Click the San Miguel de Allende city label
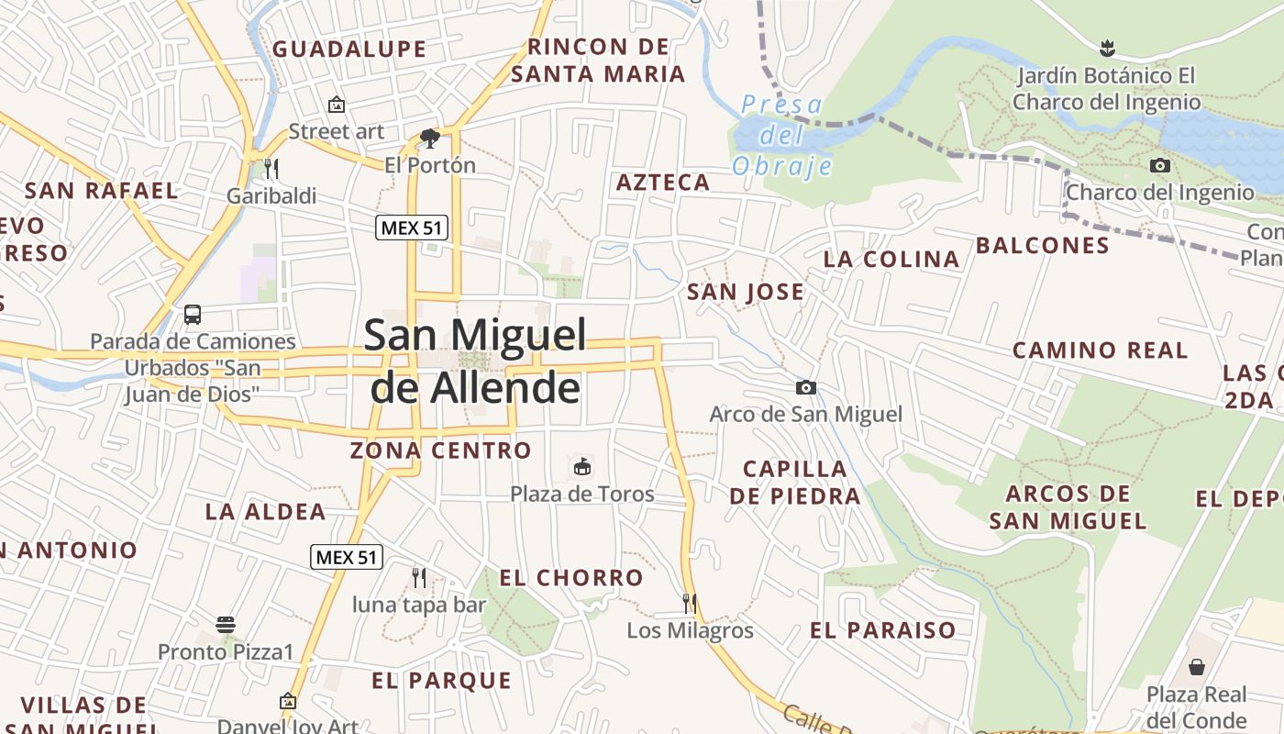click(x=475, y=361)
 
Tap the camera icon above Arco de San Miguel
click(x=806, y=388)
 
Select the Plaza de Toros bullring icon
click(x=581, y=467)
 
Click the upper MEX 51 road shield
click(x=412, y=228)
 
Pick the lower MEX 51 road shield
click(x=347, y=556)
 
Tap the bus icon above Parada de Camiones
click(x=193, y=315)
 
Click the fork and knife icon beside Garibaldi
click(x=271, y=169)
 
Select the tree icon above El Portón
click(x=429, y=139)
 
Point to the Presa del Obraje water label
click(x=782, y=135)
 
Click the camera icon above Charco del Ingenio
click(x=1160, y=166)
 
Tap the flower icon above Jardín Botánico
click(x=1107, y=48)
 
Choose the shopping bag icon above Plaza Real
click(x=1196, y=667)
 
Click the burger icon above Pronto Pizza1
click(x=226, y=625)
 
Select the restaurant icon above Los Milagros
click(x=690, y=603)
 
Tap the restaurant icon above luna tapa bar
click(x=419, y=577)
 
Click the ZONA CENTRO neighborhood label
click(x=440, y=450)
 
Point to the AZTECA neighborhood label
click(x=663, y=182)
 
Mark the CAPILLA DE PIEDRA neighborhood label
click(x=795, y=483)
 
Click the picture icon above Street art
click(x=337, y=105)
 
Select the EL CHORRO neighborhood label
click(x=571, y=577)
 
